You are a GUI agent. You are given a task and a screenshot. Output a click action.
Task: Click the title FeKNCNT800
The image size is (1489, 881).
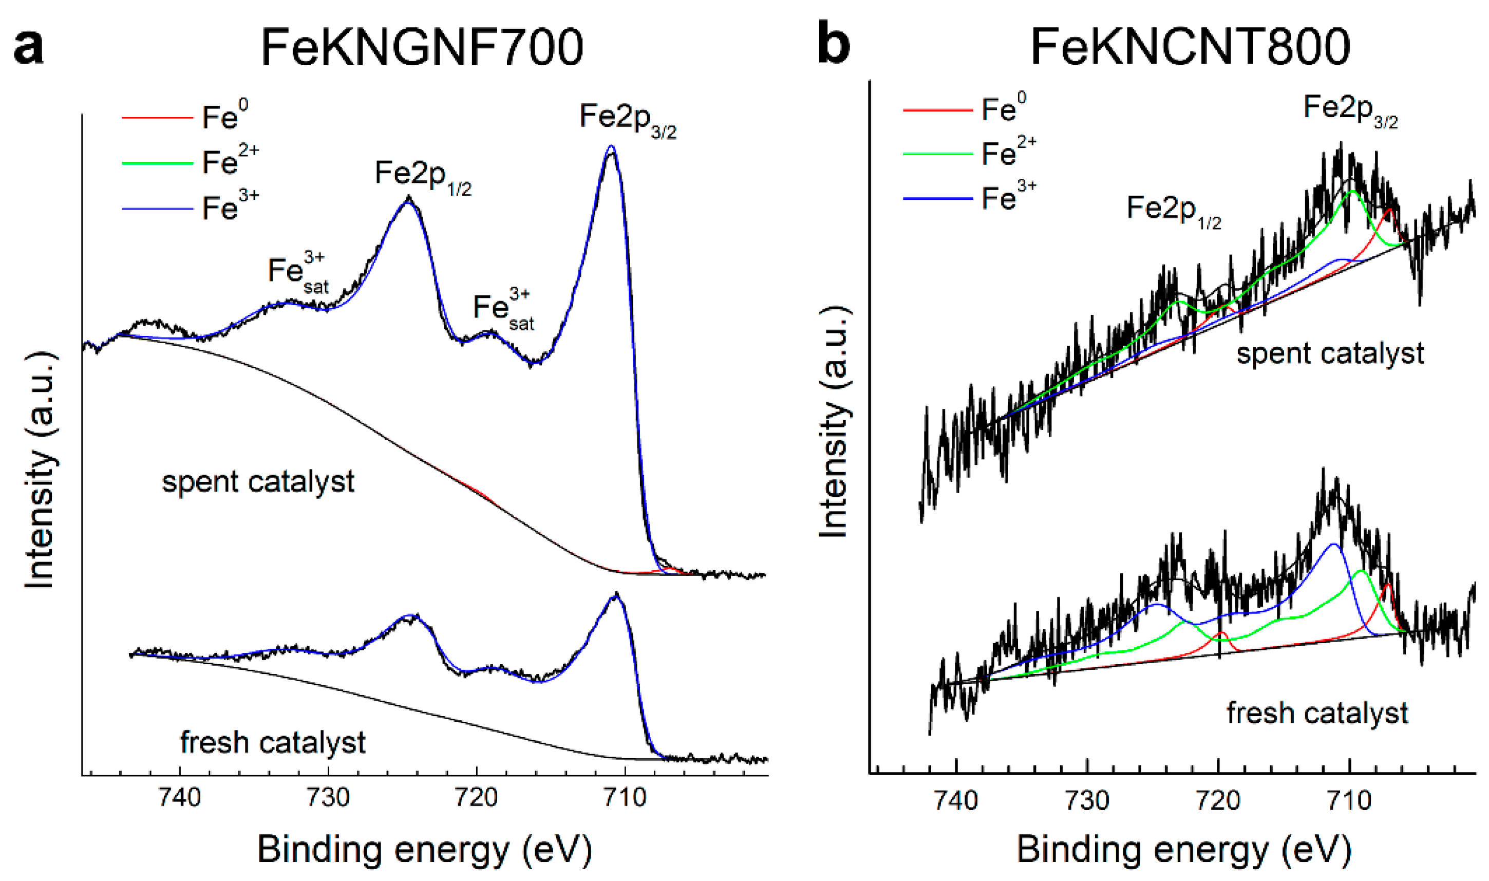click(1190, 47)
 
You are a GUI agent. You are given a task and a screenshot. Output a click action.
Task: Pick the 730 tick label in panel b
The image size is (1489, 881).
click(1087, 801)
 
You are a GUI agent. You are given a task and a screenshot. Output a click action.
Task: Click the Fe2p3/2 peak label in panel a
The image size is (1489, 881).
click(627, 119)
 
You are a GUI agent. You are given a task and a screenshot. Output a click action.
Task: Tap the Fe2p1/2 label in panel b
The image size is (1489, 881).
click(1173, 211)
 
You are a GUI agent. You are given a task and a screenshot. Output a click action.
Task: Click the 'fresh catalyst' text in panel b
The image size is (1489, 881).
click(1316, 713)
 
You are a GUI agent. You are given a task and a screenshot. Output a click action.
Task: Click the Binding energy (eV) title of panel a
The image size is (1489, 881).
click(424, 849)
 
